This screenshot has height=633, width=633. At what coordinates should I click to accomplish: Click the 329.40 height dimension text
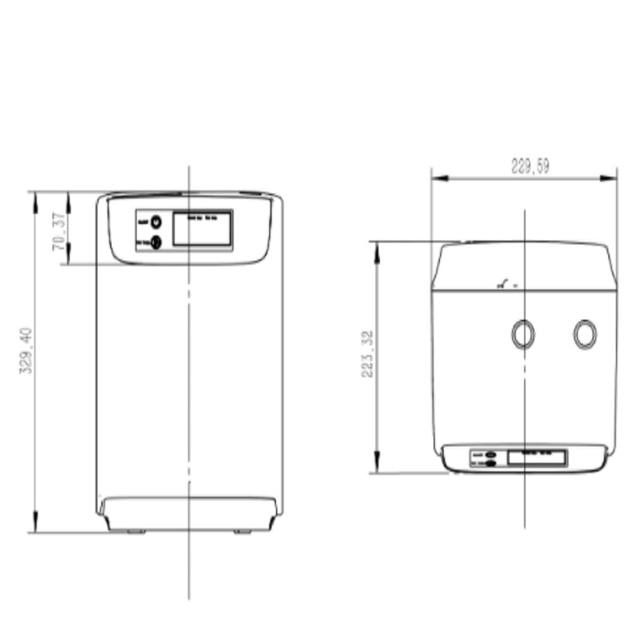click(x=26, y=350)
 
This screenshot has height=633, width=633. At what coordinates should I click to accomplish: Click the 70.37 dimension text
click(x=59, y=231)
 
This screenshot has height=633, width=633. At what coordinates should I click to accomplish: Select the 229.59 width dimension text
click(x=530, y=166)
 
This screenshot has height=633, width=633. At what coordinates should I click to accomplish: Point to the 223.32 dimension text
click(x=368, y=354)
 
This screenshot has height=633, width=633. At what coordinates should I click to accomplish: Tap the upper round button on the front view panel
click(x=156, y=222)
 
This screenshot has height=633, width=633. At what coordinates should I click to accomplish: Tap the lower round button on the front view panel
click(x=156, y=241)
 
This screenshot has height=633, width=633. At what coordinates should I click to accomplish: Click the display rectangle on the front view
click(x=203, y=229)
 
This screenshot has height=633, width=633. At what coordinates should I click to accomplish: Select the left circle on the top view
click(x=523, y=334)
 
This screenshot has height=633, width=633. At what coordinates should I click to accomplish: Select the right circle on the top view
click(x=585, y=334)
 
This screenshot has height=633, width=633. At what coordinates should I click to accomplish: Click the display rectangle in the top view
click(x=537, y=458)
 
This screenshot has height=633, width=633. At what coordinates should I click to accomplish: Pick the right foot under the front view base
click(x=242, y=532)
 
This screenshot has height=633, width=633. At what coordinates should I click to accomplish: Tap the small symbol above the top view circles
click(x=505, y=284)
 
